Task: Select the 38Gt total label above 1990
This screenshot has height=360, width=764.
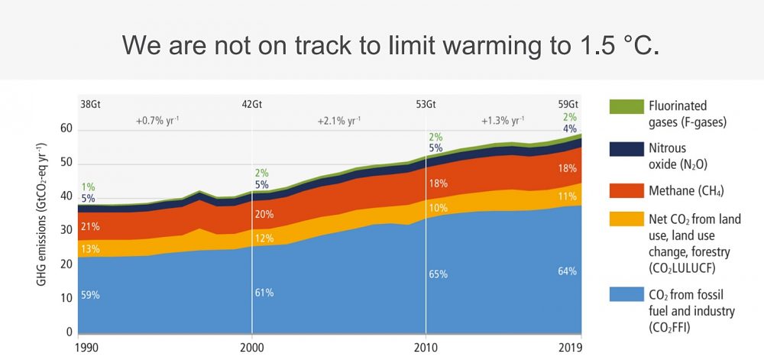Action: tap(89, 105)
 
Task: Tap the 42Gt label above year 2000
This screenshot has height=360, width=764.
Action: tap(252, 105)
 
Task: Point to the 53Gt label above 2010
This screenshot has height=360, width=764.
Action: tap(426, 105)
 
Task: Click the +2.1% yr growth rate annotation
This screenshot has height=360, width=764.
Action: tap(339, 121)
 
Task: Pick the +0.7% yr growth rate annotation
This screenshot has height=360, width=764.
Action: tap(157, 121)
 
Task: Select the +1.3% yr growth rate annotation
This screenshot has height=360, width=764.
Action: tap(502, 121)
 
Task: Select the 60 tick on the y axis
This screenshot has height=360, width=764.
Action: tap(66, 129)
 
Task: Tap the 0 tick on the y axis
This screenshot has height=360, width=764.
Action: tap(70, 332)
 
